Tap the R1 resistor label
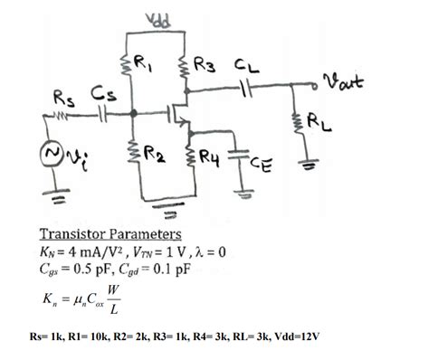(x=143, y=62)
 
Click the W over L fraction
(x=111, y=299)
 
